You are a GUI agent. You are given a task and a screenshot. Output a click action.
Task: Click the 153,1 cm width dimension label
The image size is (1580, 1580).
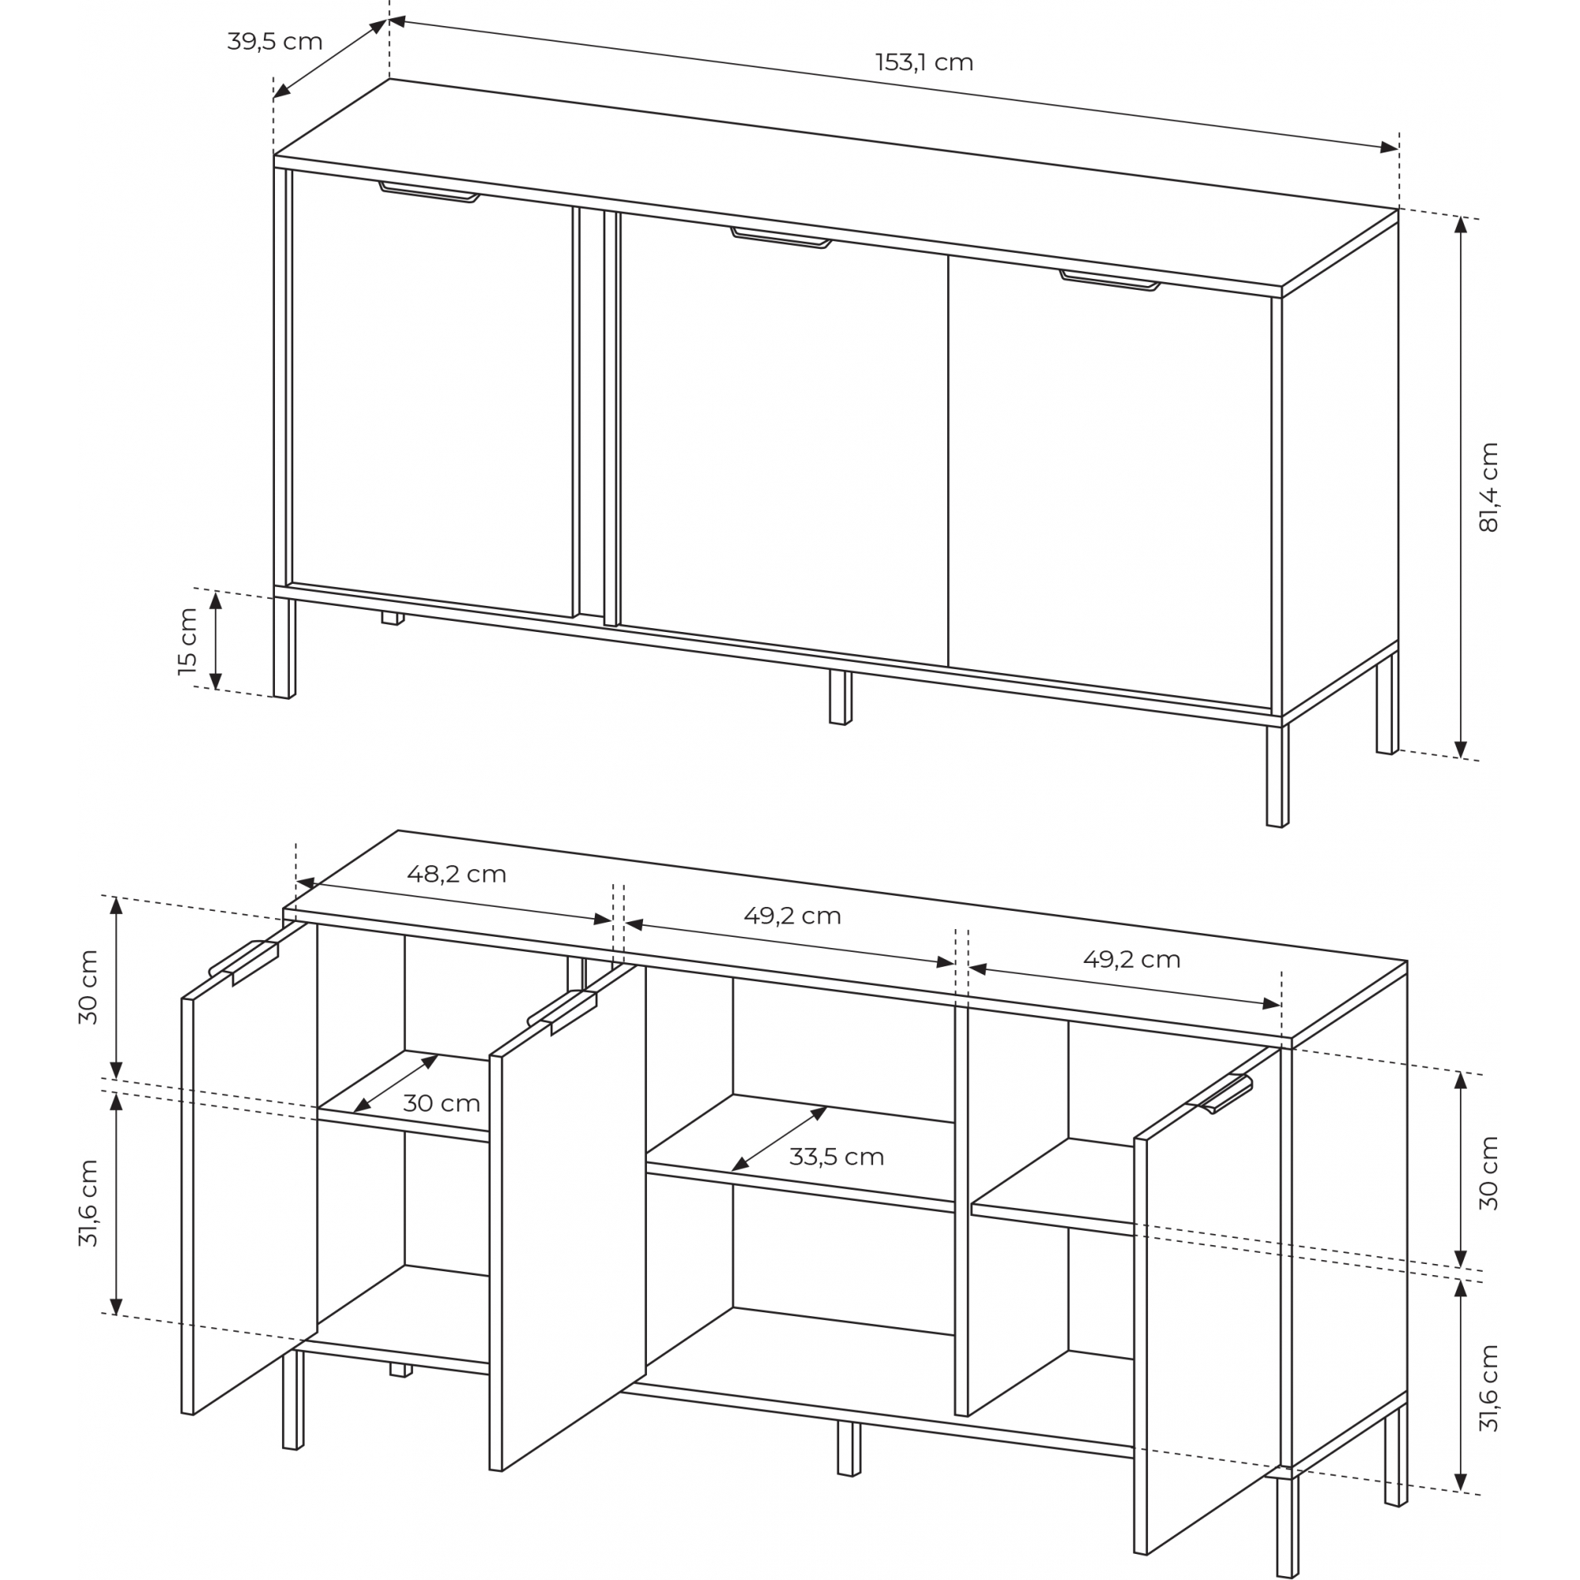pos(924,63)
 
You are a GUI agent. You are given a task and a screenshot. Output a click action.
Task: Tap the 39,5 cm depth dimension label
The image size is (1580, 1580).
pos(275,42)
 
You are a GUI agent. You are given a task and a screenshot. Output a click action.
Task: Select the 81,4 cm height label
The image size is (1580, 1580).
pos(1489,487)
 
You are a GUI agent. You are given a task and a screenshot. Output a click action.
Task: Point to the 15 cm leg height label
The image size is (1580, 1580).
pos(188,641)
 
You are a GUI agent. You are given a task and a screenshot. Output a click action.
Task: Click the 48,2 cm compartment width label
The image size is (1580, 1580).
pos(457,875)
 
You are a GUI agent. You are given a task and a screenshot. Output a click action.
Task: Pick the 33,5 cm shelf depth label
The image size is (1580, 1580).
pos(837,1157)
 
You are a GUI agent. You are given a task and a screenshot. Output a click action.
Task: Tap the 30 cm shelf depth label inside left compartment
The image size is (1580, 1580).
pos(441,1103)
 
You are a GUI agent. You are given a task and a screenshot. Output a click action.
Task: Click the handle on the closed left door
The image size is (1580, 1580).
pos(428,191)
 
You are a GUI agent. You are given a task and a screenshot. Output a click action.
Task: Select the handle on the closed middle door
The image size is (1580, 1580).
pos(781,237)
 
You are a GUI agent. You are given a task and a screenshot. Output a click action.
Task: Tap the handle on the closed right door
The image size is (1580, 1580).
pos(1110,280)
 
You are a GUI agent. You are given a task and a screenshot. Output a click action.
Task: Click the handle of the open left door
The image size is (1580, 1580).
pos(243,961)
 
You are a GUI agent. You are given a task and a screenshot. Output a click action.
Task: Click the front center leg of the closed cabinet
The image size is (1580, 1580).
pos(841,697)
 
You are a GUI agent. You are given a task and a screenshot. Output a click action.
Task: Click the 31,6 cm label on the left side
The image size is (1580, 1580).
pos(88,1203)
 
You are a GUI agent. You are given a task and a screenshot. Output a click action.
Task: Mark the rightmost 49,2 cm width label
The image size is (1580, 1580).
pos(1132,959)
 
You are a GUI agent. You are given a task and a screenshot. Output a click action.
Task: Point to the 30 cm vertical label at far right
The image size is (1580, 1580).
pos(1489,1172)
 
